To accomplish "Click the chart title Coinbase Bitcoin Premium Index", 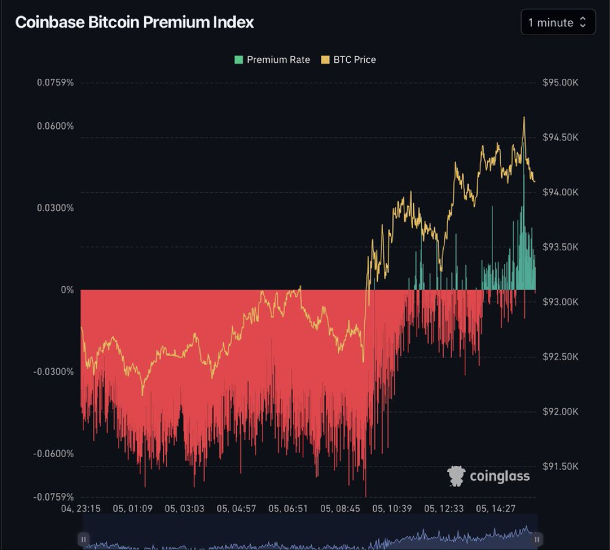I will tap(135, 22).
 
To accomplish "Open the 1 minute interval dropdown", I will tap(558, 22).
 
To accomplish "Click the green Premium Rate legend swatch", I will tap(239, 59).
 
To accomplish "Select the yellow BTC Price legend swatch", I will tap(325, 59).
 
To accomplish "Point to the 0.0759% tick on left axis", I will tap(55, 82).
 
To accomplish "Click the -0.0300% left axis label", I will tap(54, 371).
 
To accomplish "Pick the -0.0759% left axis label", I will tap(54, 497).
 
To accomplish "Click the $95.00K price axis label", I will tap(560, 82).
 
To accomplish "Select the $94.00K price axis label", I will tap(560, 192).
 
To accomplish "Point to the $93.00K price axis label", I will tap(560, 301).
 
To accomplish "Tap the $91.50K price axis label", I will tap(560, 467).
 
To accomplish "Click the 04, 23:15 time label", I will tap(81, 508).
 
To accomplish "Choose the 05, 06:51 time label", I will tap(288, 508).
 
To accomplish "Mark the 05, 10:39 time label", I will tap(392, 508).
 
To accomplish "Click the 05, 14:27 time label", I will tap(495, 508).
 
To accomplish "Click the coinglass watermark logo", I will tap(489, 476).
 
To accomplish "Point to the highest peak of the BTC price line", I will tap(524, 118).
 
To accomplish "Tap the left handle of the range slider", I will tap(84, 539).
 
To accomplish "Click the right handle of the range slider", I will tap(537, 539).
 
